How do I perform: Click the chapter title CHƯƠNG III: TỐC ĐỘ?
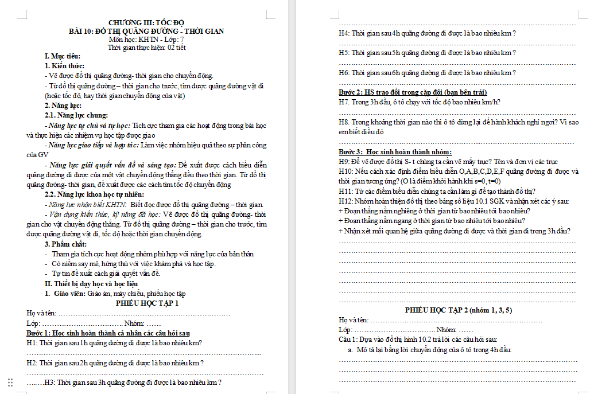146,22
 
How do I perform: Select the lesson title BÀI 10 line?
146,31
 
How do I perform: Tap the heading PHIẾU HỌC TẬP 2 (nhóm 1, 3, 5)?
458,310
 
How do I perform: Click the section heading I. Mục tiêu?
63,56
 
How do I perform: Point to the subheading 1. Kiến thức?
64,66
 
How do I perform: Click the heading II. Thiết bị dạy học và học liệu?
91,283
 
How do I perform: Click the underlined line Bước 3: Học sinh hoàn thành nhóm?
395,152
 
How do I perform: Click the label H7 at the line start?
344,102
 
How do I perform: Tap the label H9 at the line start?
344,162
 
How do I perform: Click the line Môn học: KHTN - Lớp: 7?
146,40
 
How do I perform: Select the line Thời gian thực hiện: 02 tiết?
146,48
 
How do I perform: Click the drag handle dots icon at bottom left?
10,383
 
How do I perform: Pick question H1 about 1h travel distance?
115,343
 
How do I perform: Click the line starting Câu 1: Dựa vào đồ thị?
418,340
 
